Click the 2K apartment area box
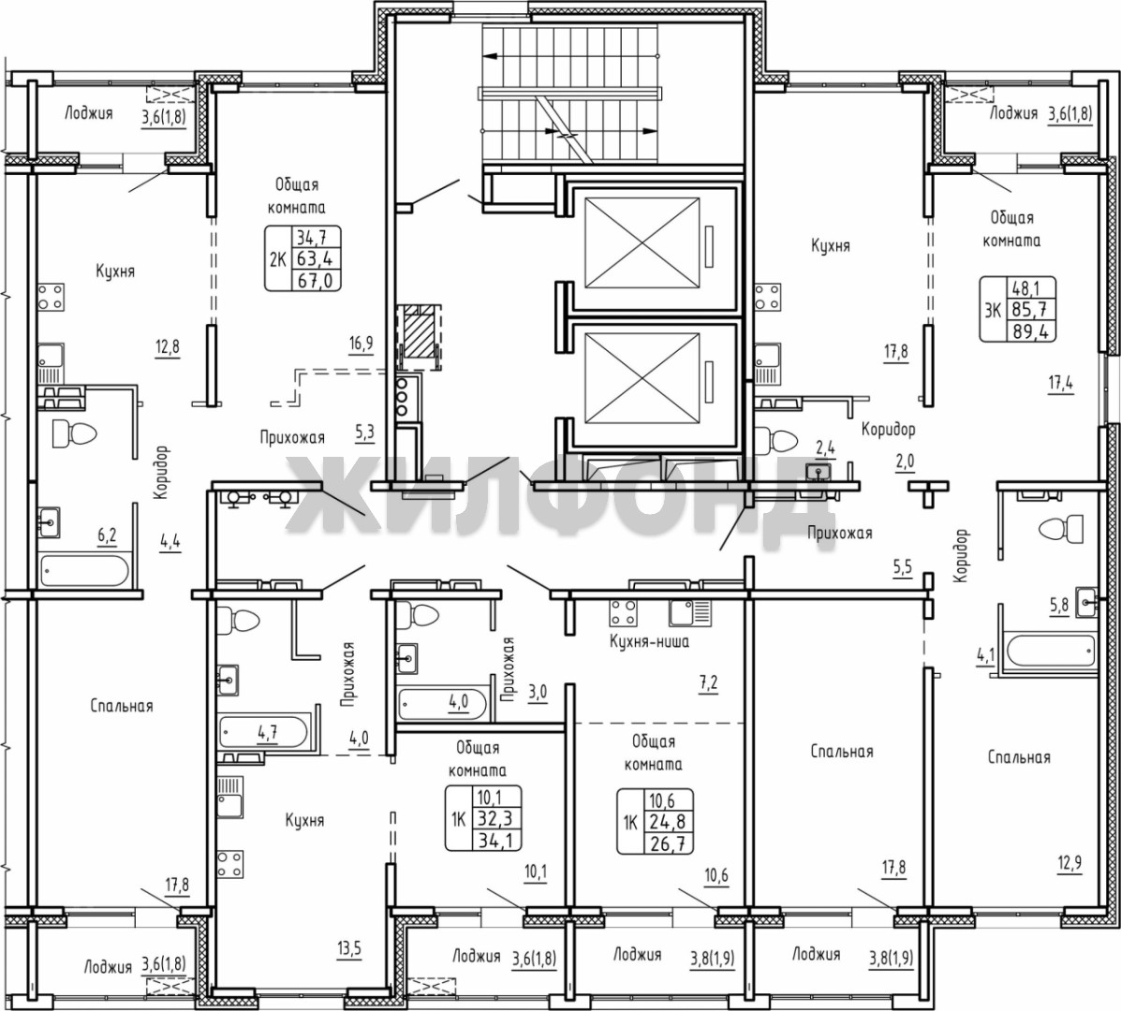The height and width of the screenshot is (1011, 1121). pos(303,258)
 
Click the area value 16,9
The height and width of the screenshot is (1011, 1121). pos(361,344)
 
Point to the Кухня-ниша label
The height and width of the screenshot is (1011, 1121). pos(649,641)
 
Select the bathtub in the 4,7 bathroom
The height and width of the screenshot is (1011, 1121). pos(264,731)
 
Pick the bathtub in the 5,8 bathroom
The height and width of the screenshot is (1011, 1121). pos(1050,652)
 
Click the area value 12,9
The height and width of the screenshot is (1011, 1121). pos(1069,863)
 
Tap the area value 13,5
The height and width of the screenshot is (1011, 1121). pos(349,949)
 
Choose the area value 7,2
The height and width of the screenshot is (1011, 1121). pos(708,683)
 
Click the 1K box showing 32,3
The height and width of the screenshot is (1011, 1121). pos(483,818)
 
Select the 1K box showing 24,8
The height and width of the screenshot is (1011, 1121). pos(656,821)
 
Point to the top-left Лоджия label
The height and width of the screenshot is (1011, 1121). pos(89,113)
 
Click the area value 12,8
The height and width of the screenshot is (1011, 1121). pos(168,347)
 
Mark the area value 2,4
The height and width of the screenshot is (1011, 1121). pos(826,448)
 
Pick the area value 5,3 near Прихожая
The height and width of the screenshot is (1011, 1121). pos(364,433)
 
